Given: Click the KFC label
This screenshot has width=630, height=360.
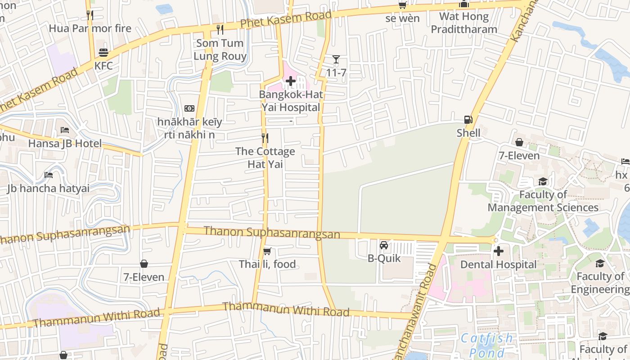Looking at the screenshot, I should (103, 66).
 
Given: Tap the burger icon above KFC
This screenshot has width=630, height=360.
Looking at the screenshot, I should (103, 53).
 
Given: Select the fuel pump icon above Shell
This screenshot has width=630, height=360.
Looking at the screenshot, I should (468, 120).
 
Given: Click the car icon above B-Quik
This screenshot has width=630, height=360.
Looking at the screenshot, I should (384, 245).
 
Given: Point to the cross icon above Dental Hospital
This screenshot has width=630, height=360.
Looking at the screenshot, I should (499, 251).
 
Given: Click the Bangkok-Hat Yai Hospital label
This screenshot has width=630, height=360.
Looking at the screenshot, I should (291, 101).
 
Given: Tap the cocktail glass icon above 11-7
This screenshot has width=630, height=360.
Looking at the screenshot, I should (336, 59).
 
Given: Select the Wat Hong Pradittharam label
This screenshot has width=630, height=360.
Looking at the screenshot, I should (464, 23).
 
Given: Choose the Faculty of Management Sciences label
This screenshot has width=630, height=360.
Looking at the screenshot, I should (543, 201).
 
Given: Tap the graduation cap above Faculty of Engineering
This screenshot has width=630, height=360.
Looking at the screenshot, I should (600, 263).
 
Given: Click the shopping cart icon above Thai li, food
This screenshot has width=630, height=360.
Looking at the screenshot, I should (267, 251).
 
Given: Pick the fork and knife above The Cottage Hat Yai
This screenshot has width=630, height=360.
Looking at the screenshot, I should (265, 138).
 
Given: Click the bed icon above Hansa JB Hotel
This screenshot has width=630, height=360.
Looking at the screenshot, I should (65, 130).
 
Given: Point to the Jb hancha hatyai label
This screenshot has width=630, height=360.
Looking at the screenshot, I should (48, 188).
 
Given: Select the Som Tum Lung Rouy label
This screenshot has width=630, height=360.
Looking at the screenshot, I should (220, 49).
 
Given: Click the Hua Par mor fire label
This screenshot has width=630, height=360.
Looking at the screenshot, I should (90, 28).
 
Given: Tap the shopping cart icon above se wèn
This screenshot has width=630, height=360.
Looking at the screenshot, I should (402, 5).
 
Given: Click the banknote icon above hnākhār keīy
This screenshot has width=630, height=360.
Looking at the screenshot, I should (189, 108).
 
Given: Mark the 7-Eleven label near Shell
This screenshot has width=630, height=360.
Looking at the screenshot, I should (519, 156).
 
